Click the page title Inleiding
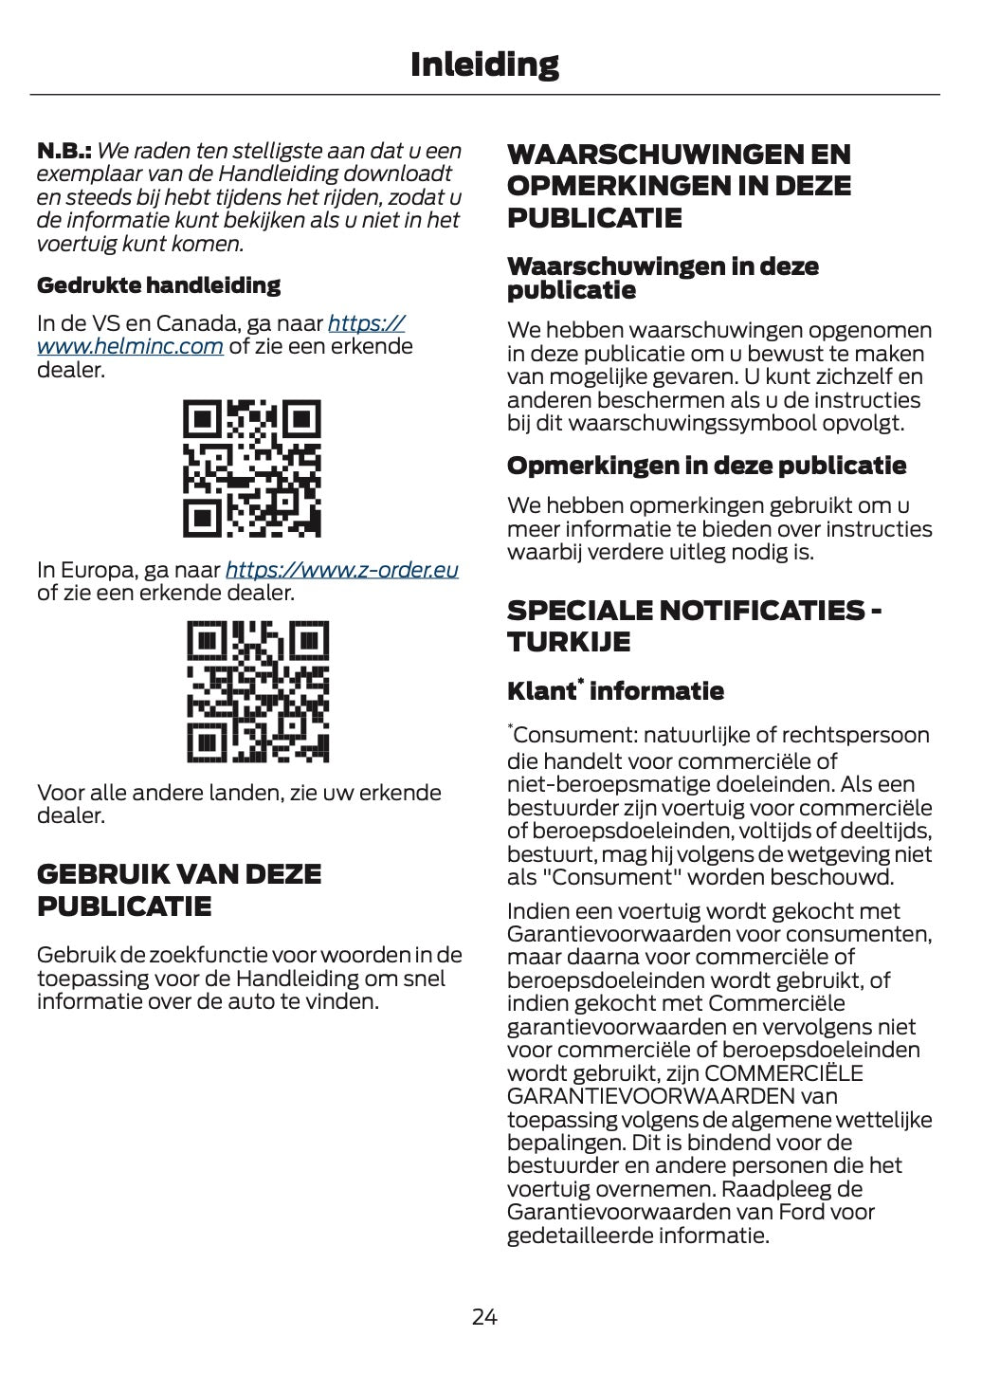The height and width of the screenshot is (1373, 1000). [x=484, y=64]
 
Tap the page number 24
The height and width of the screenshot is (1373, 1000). [x=484, y=1316]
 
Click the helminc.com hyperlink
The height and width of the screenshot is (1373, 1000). [x=130, y=346]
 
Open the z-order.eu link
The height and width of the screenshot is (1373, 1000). [x=341, y=570]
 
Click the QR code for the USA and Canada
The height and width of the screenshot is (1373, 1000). [x=251, y=468]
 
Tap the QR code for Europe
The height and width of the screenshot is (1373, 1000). [x=258, y=691]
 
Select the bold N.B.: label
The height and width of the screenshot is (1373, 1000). [x=64, y=151]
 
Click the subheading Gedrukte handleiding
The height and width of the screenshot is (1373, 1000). [x=158, y=284]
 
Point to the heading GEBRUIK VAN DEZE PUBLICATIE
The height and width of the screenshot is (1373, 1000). [x=178, y=889]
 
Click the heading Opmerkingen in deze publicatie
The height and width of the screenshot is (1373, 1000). [x=706, y=466]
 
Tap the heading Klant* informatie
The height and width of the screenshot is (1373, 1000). [x=615, y=690]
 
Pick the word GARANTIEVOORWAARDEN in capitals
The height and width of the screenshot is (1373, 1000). [x=651, y=1097]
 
